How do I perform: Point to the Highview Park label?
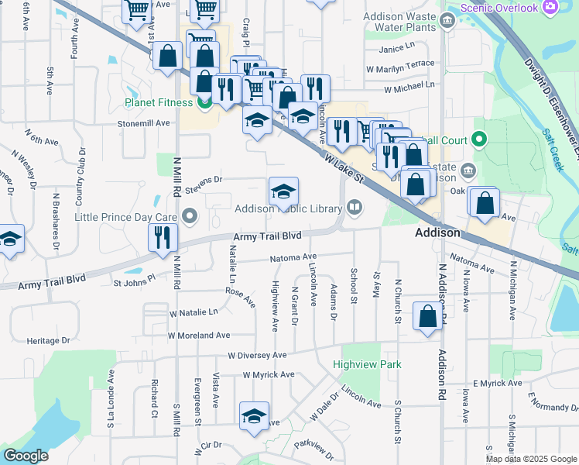point(368,364)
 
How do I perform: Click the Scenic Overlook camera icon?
point(550,7)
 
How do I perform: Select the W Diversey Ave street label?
point(257,355)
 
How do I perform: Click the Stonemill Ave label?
point(143,123)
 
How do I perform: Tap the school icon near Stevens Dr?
point(284,191)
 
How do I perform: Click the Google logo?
point(26,455)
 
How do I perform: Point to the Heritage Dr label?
point(48,340)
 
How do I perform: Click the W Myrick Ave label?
point(268,374)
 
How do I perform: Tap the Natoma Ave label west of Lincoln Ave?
point(293,257)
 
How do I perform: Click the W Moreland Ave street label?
point(200,336)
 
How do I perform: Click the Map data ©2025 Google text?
point(530,458)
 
